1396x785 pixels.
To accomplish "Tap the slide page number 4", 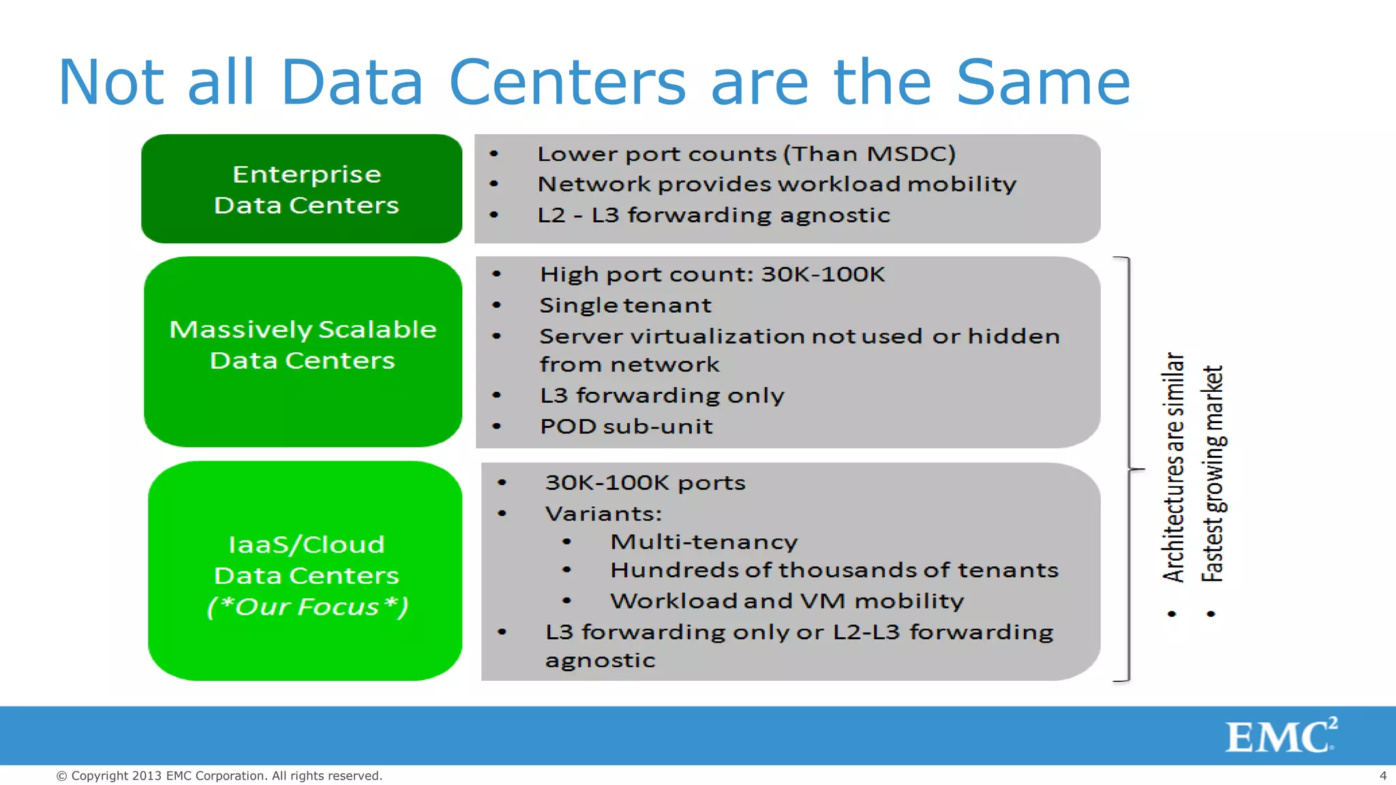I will click(x=1382, y=775).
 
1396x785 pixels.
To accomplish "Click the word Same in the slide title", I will click(x=1043, y=82).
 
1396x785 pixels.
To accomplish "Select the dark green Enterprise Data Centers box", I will click(x=302, y=189).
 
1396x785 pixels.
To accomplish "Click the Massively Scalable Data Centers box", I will click(x=303, y=351).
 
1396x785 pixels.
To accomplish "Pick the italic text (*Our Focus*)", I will click(x=307, y=606).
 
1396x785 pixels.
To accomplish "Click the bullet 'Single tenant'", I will click(x=625, y=305).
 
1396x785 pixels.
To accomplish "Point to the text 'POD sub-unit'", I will click(x=626, y=427).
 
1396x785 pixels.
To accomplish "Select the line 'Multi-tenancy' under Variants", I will click(x=703, y=542).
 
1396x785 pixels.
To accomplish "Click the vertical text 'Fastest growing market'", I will click(x=1213, y=474).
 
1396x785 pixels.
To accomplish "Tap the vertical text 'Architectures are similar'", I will click(x=1173, y=467).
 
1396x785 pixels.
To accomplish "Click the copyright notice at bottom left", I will click(x=219, y=775).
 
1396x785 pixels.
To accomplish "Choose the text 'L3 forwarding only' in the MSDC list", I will click(x=661, y=395).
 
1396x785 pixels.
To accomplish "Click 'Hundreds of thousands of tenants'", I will click(x=834, y=570).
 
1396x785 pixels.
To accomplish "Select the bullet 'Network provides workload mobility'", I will click(x=776, y=184).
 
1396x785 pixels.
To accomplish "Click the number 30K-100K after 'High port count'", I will click(x=823, y=274).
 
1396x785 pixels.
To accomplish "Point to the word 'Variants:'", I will click(x=603, y=513).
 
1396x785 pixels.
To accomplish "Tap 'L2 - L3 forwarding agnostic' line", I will click(x=713, y=215).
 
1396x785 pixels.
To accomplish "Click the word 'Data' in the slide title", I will click(x=352, y=82).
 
